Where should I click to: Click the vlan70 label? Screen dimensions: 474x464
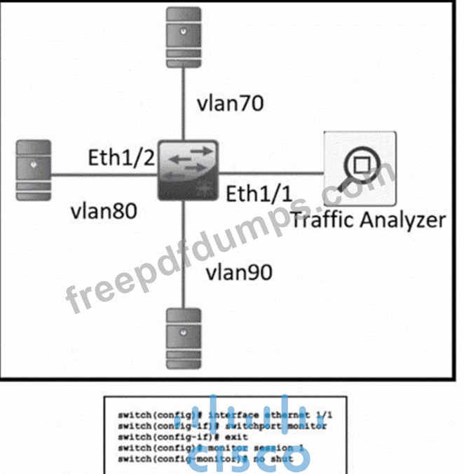click(230, 103)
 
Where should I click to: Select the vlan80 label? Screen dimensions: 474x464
click(103, 210)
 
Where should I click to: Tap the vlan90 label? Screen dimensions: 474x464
click(239, 271)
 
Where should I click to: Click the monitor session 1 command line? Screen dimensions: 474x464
click(224, 446)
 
